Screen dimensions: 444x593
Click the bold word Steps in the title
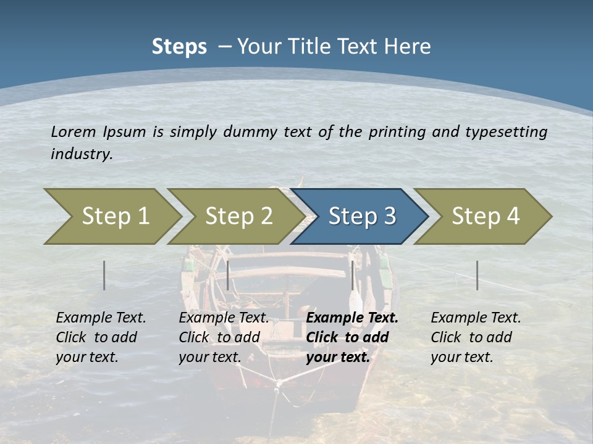[x=179, y=47]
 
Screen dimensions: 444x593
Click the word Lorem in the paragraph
[x=73, y=131]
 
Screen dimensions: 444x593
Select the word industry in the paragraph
[x=81, y=154]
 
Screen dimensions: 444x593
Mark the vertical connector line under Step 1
[x=104, y=275]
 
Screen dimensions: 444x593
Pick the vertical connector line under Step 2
[x=228, y=275]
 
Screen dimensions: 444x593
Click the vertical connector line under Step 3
[x=352, y=275]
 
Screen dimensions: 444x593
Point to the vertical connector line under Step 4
[x=477, y=275]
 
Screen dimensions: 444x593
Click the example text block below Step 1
[x=100, y=337]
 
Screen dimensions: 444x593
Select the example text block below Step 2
[x=223, y=337]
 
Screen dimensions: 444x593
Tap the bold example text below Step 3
[x=351, y=337]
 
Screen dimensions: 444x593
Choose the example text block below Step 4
[x=475, y=337]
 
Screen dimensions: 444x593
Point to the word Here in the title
[x=409, y=47]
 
